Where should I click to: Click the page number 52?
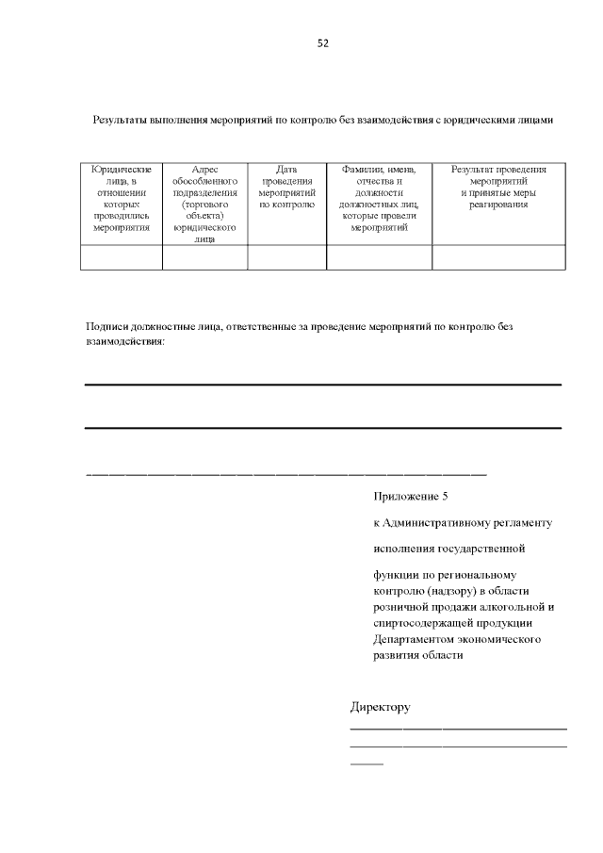pyautogui.click(x=322, y=43)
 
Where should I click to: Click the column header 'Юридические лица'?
pyautogui.click(x=122, y=203)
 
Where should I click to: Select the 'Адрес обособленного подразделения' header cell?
pyautogui.click(x=204, y=203)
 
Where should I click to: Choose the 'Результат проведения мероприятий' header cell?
pyautogui.click(x=498, y=186)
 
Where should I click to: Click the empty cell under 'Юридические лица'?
pyautogui.click(x=122, y=257)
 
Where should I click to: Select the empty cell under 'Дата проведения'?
pyautogui.click(x=286, y=257)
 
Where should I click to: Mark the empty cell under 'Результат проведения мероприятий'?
pyautogui.click(x=498, y=257)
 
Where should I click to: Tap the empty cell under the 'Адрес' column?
pyautogui.click(x=204, y=257)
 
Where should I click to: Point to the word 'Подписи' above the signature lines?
pyautogui.click(x=106, y=326)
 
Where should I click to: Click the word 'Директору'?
pyautogui.click(x=380, y=707)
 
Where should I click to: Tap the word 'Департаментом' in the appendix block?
pyautogui.click(x=416, y=639)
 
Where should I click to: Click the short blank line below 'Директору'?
pyautogui.click(x=367, y=762)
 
